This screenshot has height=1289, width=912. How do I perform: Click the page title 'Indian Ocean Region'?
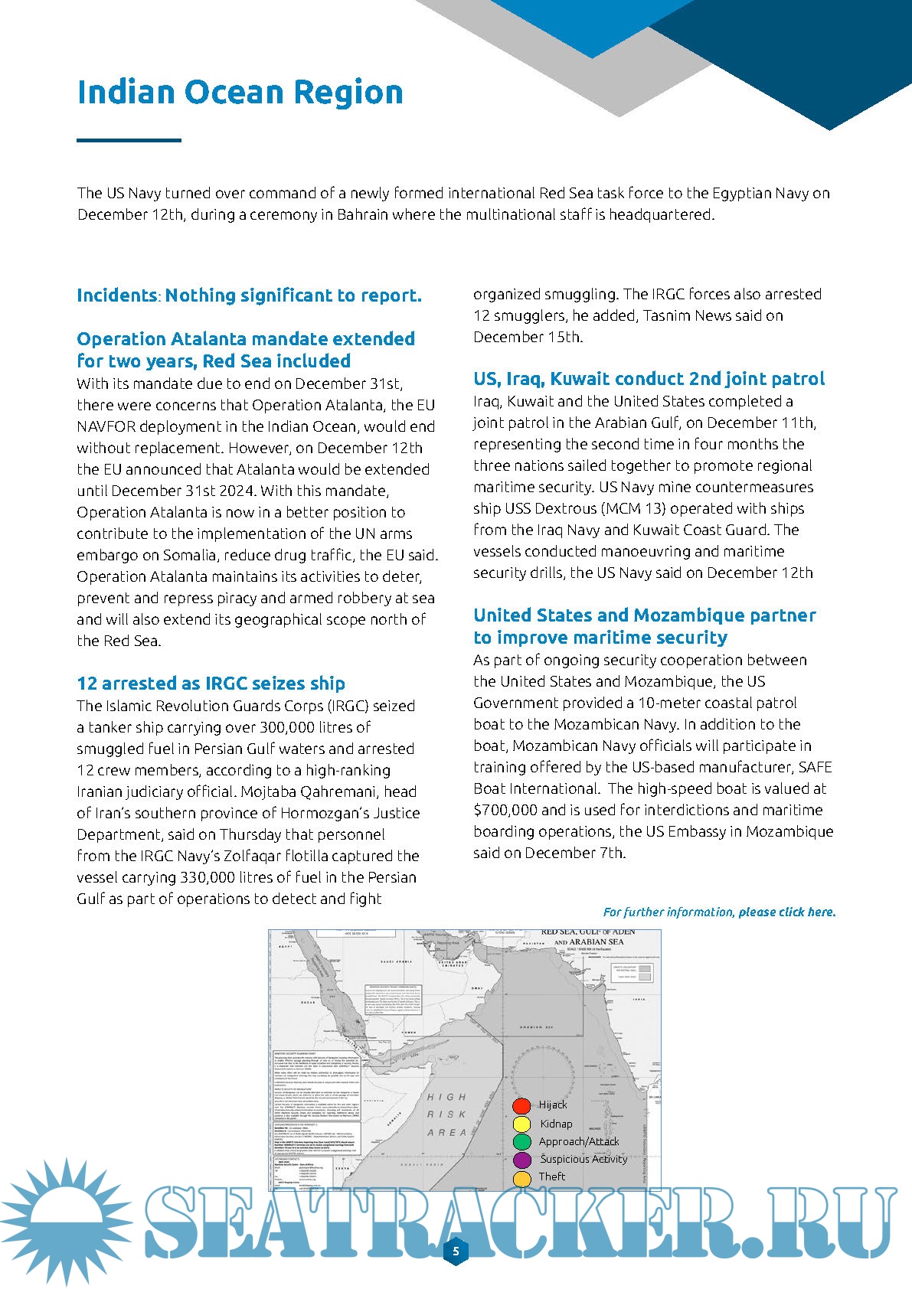click(240, 92)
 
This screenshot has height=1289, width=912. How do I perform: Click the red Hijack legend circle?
click(521, 1105)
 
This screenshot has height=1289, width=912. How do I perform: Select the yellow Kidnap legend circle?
click(521, 1124)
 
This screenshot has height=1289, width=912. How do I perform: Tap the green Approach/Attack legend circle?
click(521, 1142)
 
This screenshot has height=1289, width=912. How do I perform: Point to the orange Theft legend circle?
click(521, 1178)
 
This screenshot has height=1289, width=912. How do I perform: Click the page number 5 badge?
click(456, 1251)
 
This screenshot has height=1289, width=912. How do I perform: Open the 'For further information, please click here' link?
click(719, 912)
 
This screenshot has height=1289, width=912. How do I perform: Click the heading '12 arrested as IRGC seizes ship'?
click(211, 684)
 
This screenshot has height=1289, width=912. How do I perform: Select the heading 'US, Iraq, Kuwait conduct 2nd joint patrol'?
click(649, 379)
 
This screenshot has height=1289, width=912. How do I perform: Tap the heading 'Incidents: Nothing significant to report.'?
click(249, 295)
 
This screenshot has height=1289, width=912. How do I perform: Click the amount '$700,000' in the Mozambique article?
click(506, 810)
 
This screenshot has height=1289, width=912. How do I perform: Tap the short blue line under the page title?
click(129, 140)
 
